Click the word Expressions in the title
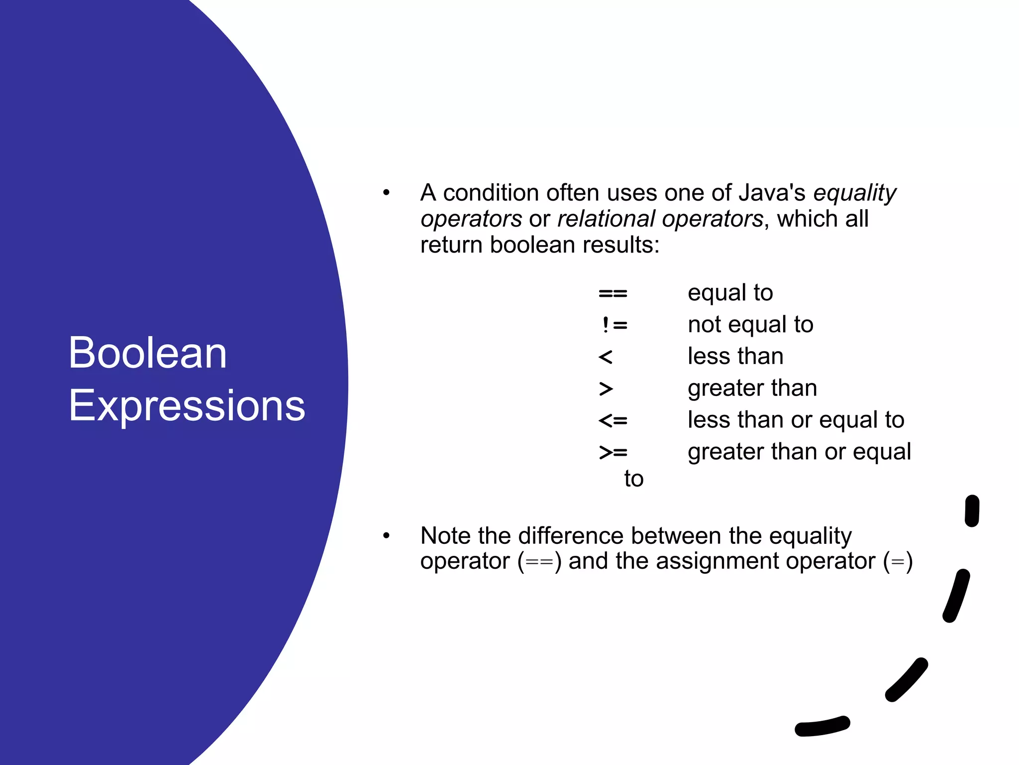click(187, 406)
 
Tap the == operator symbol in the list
click(612, 293)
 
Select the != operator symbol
click(613, 325)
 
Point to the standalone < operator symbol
click(605, 357)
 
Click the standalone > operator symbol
click(606, 388)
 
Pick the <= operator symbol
click(612, 421)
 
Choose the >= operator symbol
click(612, 452)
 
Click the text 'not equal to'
click(750, 325)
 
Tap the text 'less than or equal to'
click(796, 420)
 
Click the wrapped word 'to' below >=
click(633, 479)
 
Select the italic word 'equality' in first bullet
click(854, 193)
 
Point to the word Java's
click(772, 193)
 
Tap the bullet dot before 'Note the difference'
click(386, 536)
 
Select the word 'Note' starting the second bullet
click(445, 536)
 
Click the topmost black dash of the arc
click(972, 510)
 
